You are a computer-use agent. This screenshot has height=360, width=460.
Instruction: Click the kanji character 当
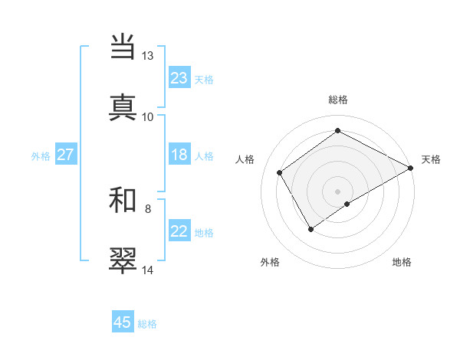[x=123, y=47]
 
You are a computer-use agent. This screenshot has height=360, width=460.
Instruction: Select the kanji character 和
[x=123, y=200]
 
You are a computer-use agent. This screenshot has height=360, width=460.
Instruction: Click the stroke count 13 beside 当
[x=148, y=56]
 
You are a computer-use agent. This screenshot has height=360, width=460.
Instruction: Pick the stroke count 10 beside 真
[x=148, y=117]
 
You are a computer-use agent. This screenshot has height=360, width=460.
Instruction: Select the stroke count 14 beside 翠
[x=148, y=270]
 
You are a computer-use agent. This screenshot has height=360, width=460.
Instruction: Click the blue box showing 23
[x=179, y=78]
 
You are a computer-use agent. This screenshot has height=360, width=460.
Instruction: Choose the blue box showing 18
[x=179, y=155]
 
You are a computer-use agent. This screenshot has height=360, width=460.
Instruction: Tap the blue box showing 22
[x=179, y=231]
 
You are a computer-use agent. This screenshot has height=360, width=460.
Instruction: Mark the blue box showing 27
[x=66, y=155]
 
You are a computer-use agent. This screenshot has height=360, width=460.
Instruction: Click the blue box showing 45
[x=123, y=322]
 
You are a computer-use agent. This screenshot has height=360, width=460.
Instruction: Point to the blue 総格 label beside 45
[x=147, y=324]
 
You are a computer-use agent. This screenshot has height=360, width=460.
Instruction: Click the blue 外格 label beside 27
[x=41, y=156]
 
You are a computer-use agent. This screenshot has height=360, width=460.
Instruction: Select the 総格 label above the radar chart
[x=338, y=100]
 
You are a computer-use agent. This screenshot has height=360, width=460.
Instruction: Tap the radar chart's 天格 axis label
[x=431, y=159]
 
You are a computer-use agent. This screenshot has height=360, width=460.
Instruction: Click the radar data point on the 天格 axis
[x=411, y=168]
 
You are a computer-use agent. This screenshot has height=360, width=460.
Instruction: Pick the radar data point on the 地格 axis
[x=348, y=204]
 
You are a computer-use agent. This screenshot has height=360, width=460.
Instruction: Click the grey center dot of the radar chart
[x=338, y=191]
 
